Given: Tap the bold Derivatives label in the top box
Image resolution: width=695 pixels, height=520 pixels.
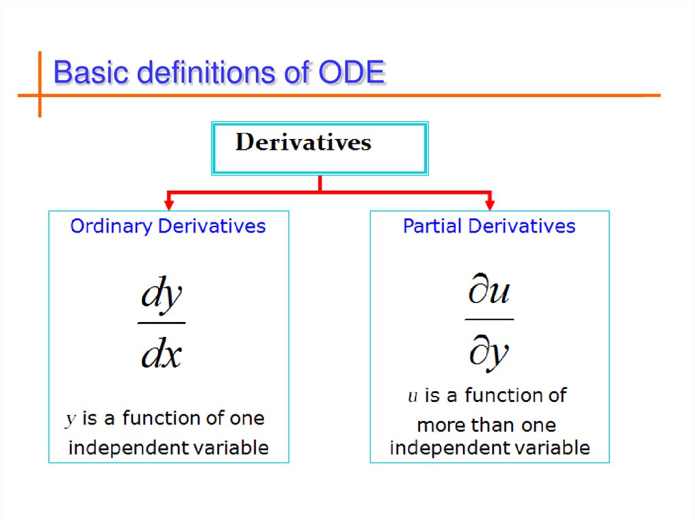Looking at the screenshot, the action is [x=303, y=142].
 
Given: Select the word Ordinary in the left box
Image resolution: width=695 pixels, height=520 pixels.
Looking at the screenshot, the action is [x=112, y=226].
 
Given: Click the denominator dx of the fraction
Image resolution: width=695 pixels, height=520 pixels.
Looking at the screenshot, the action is [x=162, y=353].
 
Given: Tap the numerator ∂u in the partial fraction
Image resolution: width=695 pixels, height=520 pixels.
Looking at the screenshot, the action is [x=489, y=292].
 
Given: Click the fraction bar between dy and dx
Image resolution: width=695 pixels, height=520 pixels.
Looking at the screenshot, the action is [x=162, y=323].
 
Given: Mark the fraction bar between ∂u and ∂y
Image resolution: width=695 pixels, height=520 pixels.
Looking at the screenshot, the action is [x=489, y=319].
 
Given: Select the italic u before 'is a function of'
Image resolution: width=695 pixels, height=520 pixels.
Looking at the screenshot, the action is [x=412, y=397].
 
